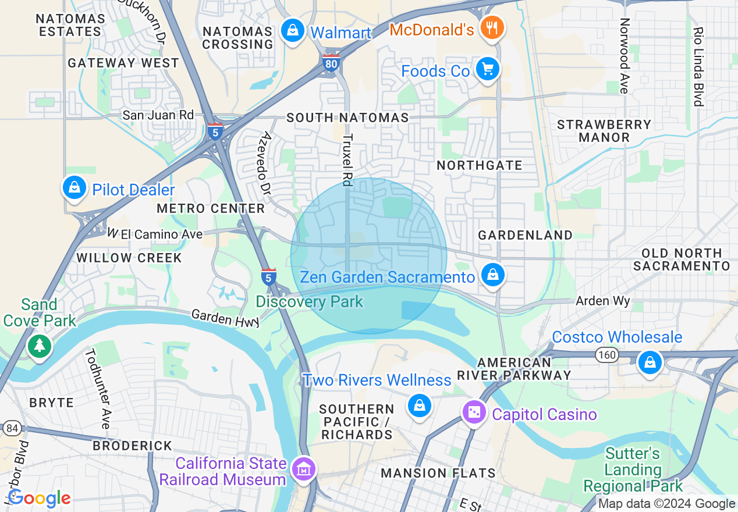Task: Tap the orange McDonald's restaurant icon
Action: coord(492,27)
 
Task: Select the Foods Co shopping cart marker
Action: coord(487,69)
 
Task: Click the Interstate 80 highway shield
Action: coord(331,62)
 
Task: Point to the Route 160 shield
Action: coord(606,355)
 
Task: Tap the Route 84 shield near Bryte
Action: coord(11,428)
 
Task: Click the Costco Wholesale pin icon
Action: coord(650,362)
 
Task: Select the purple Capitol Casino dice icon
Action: coord(474,412)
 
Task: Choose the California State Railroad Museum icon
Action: coord(304,468)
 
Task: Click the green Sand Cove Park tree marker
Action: coord(39,346)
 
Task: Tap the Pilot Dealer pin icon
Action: coord(74,187)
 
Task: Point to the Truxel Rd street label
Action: coord(347,161)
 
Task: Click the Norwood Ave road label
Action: coord(625,56)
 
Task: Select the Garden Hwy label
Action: coord(226,318)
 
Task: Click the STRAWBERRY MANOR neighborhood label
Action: coord(604,131)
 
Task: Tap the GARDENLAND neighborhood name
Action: coord(525,235)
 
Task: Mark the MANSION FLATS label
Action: coord(438,473)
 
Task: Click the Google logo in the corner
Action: coord(39,498)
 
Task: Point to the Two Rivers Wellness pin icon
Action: coord(419,405)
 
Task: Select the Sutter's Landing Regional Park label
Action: coord(633,470)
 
